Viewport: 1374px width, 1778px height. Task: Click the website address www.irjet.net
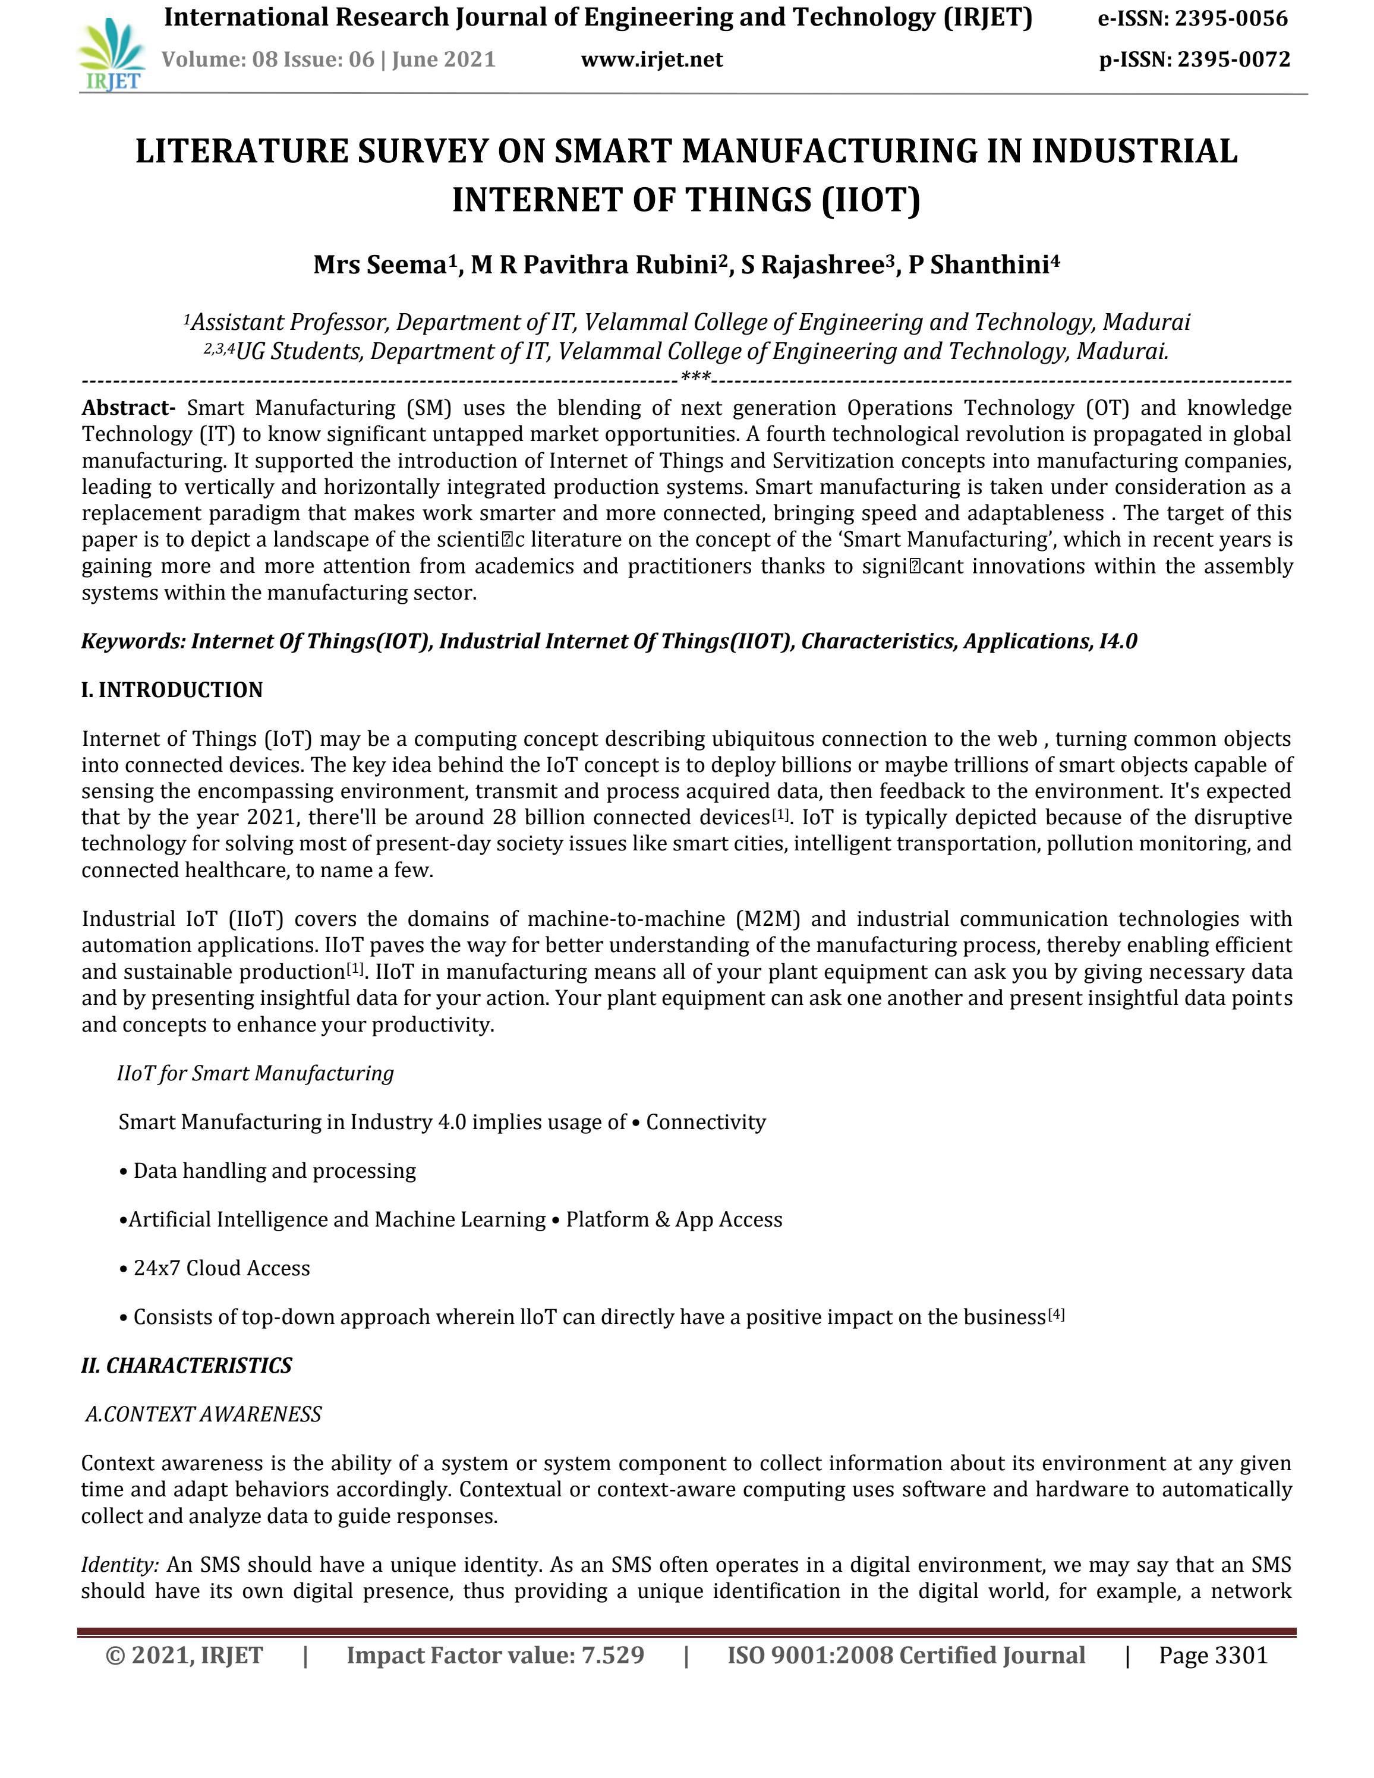(x=651, y=59)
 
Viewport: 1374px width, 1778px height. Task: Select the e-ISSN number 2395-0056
(x=1231, y=18)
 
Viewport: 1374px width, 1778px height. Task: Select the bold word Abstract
(x=128, y=407)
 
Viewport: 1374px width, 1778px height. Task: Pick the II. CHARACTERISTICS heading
(x=187, y=1365)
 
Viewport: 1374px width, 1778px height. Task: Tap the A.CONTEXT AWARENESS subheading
(x=203, y=1414)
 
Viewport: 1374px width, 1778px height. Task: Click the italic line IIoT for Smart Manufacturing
(x=256, y=1073)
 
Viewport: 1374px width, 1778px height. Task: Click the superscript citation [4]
(x=1055, y=1313)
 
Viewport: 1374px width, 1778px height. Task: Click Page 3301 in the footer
(x=1213, y=1655)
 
